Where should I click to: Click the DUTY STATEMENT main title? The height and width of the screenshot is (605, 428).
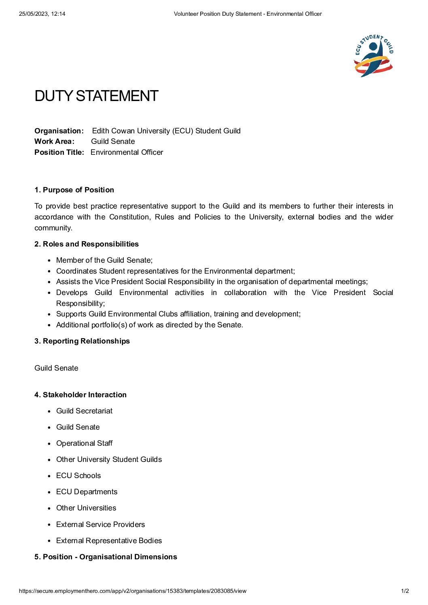tap(96, 96)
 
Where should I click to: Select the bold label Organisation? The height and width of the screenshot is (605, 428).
tap(59, 131)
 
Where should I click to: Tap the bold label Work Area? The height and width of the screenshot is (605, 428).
tap(54, 141)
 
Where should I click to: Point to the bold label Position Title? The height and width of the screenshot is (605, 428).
tap(59, 152)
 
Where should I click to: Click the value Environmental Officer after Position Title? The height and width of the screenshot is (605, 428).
tap(127, 152)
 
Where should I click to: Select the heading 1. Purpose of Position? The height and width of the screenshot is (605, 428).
tap(74, 190)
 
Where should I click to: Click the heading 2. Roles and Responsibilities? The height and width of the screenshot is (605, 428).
tap(87, 244)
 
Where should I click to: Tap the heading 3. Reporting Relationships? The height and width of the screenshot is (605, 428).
tap(82, 341)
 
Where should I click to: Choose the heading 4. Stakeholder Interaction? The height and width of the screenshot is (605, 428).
tap(81, 395)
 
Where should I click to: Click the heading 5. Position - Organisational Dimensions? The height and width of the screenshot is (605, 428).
tap(106, 557)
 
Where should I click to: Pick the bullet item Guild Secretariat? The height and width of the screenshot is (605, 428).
tap(84, 411)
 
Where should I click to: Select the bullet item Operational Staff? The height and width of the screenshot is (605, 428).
tap(84, 443)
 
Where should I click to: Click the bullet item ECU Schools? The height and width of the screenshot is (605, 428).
tap(78, 476)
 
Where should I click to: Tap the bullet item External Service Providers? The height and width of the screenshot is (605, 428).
tap(100, 525)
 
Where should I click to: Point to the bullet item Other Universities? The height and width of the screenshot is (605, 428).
tap(86, 508)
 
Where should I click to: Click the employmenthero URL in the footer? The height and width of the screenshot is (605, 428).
tap(132, 591)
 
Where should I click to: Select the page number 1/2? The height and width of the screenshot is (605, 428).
tap(405, 591)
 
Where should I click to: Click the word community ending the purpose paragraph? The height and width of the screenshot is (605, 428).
tap(53, 228)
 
